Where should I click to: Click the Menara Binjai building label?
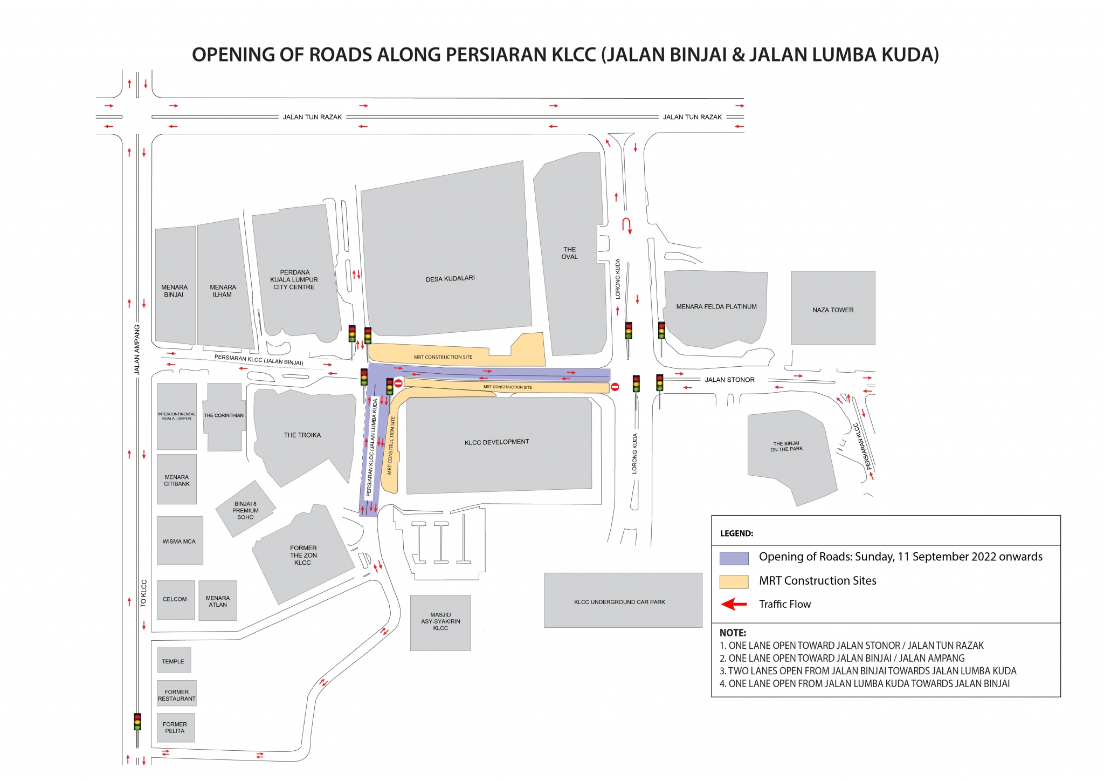click(x=174, y=291)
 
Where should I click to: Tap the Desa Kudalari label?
click(x=450, y=278)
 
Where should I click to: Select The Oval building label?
click(x=570, y=253)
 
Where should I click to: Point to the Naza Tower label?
click(x=833, y=310)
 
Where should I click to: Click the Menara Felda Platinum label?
click(x=716, y=307)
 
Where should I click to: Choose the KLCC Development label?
click(x=496, y=442)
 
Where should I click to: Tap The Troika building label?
click(x=302, y=435)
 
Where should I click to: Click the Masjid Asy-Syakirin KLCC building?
click(x=440, y=622)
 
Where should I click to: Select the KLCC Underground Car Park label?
click(x=619, y=602)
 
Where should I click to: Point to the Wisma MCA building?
click(x=179, y=542)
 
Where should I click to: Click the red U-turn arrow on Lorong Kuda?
click(x=627, y=225)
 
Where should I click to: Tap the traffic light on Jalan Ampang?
click(x=137, y=722)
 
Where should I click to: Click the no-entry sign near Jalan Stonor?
click(x=615, y=387)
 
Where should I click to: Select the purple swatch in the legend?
click(x=734, y=558)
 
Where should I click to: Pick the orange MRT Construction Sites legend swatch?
click(x=734, y=581)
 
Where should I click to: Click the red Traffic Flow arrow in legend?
click(x=734, y=605)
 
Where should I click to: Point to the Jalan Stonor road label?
click(x=729, y=380)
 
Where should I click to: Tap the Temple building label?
click(x=173, y=661)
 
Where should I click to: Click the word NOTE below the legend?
click(x=733, y=633)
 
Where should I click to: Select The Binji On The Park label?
click(x=786, y=447)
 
